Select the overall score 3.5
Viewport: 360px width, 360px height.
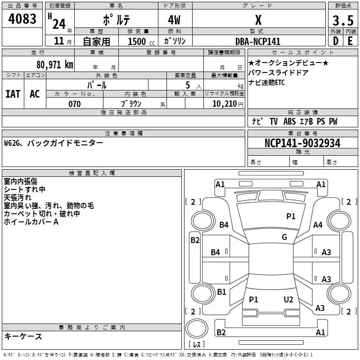pyautogui.click(x=342, y=21)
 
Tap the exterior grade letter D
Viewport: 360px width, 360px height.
pyautogui.click(x=335, y=40)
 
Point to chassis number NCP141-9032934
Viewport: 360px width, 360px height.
pyautogui.click(x=302, y=143)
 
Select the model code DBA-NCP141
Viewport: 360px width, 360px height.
pyautogui.click(x=258, y=41)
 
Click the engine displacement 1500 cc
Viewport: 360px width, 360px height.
pyautogui.click(x=138, y=41)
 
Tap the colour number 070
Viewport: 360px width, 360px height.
pyautogui.click(x=74, y=104)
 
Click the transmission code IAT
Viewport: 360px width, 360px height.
pyautogui.click(x=13, y=94)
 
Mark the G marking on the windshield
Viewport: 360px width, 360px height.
pyautogui.click(x=284, y=237)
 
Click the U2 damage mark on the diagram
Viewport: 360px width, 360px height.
pyautogui.click(x=288, y=299)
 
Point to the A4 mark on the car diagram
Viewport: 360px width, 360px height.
pyautogui.click(x=318, y=225)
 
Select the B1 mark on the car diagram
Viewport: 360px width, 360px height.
pyautogui.click(x=221, y=292)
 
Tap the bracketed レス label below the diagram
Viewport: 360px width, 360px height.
pyautogui.click(x=197, y=345)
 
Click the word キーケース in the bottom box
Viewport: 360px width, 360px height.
pyautogui.click(x=23, y=336)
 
